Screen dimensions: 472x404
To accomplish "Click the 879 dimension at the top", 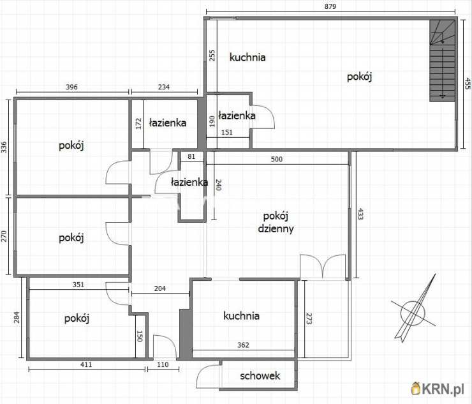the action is click(330, 6).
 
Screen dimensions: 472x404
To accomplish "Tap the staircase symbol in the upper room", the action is click(442, 61).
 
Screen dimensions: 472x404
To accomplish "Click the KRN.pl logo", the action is click(438, 389).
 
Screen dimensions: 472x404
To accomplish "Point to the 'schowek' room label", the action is click(260, 376).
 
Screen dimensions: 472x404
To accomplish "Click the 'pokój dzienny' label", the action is click(276, 222).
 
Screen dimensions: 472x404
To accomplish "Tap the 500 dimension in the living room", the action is click(277, 159).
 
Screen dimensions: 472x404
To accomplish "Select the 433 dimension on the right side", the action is click(360, 214).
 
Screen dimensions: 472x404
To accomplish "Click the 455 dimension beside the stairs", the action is click(467, 84).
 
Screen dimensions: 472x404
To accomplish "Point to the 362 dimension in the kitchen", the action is click(243, 345).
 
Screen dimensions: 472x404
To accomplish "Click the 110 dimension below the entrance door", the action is click(163, 364).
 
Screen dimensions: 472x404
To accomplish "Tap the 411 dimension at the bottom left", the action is click(86, 364).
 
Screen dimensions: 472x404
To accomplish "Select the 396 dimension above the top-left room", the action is click(71, 87).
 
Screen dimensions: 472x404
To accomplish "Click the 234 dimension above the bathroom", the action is click(164, 87).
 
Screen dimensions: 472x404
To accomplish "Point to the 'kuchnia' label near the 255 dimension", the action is click(247, 57).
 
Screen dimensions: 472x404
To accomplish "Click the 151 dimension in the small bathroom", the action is click(226, 133).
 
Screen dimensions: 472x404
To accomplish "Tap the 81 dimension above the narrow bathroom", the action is click(191, 156).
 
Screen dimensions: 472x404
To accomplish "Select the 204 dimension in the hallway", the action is click(160, 288).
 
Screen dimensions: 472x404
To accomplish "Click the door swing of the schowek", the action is click(209, 377).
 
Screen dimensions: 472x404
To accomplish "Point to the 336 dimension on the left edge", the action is click(4, 147).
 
